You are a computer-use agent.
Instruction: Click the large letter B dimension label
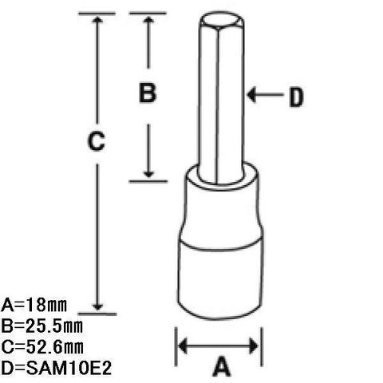click(148, 93)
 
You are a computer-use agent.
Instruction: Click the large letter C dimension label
click(97, 141)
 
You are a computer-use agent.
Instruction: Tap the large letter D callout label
click(296, 97)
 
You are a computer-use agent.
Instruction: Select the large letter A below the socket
click(221, 367)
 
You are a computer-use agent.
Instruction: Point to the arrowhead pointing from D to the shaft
click(251, 94)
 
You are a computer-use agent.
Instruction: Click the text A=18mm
click(34, 305)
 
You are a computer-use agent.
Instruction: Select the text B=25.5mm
click(41, 326)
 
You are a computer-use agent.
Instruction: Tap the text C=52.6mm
click(42, 347)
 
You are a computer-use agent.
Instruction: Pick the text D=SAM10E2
click(56, 368)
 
